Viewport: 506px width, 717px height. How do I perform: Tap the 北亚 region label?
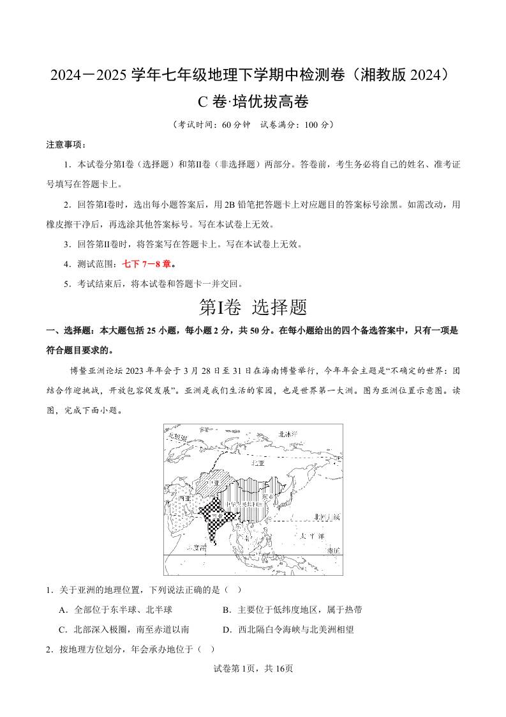coord(258,463)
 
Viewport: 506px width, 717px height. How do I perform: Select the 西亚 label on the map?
coord(184,498)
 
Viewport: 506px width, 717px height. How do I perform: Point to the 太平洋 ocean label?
coord(312,535)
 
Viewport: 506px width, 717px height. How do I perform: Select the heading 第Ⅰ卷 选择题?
coord(253,307)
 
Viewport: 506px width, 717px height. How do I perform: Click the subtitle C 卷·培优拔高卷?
coord(253,102)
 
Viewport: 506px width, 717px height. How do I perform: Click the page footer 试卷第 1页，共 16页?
coord(253,668)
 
